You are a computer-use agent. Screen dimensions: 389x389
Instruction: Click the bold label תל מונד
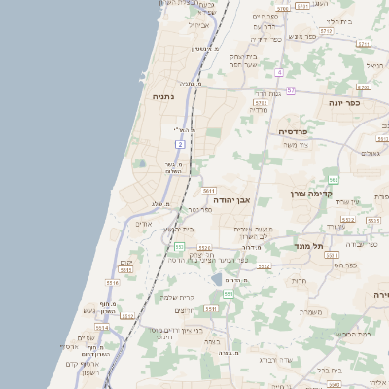point(309,247)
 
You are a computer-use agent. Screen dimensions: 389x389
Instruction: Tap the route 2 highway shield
point(180,144)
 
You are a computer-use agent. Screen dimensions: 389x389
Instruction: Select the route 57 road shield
point(290,90)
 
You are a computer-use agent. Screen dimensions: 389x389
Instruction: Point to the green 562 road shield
point(334,180)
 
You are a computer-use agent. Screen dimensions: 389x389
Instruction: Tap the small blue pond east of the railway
point(216,279)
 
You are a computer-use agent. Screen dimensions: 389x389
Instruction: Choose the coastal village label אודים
point(143,224)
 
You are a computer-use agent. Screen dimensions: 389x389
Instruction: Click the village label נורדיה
point(258,110)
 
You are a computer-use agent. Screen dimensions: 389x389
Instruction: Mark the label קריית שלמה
point(177,296)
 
